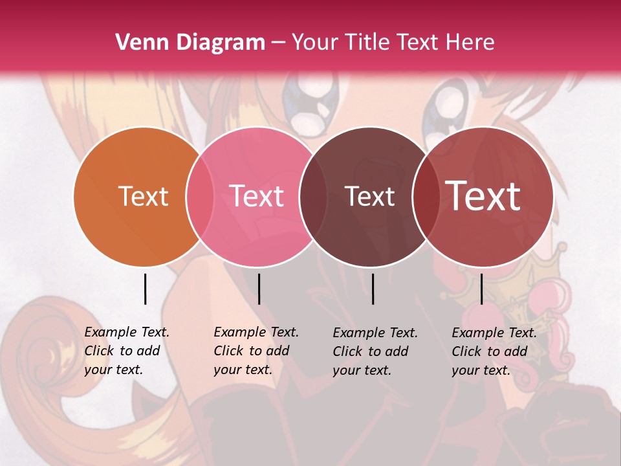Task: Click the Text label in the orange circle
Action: tap(143, 196)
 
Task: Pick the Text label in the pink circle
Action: tap(257, 196)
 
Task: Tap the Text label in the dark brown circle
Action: tap(369, 196)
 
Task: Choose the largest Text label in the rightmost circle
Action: tap(483, 195)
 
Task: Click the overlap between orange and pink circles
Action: tap(200, 196)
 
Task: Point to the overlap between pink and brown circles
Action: tap(312, 196)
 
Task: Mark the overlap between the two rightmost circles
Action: tap(426, 196)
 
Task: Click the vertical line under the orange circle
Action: tap(145, 289)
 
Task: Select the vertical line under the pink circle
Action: tap(259, 289)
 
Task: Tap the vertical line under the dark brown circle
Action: tap(373, 289)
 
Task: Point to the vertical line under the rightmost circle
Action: tap(481, 289)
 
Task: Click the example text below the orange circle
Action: tap(126, 351)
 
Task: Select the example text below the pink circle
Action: tap(256, 351)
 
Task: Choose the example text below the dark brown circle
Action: tap(375, 351)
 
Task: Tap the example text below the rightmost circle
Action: tap(494, 351)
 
